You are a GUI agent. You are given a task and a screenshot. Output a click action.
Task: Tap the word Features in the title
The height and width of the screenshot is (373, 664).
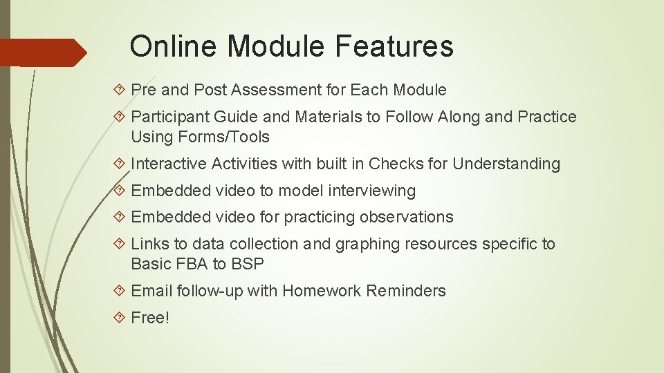pyautogui.click(x=394, y=46)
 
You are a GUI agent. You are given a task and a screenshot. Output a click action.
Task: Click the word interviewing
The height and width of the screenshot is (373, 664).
pyautogui.click(x=372, y=191)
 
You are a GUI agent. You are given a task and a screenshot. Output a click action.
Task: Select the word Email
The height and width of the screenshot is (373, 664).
pyautogui.click(x=151, y=291)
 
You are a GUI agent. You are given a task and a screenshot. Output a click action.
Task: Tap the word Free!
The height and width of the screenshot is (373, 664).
pyautogui.click(x=150, y=318)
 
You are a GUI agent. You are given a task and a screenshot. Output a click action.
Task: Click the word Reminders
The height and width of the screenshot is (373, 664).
pyautogui.click(x=406, y=291)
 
